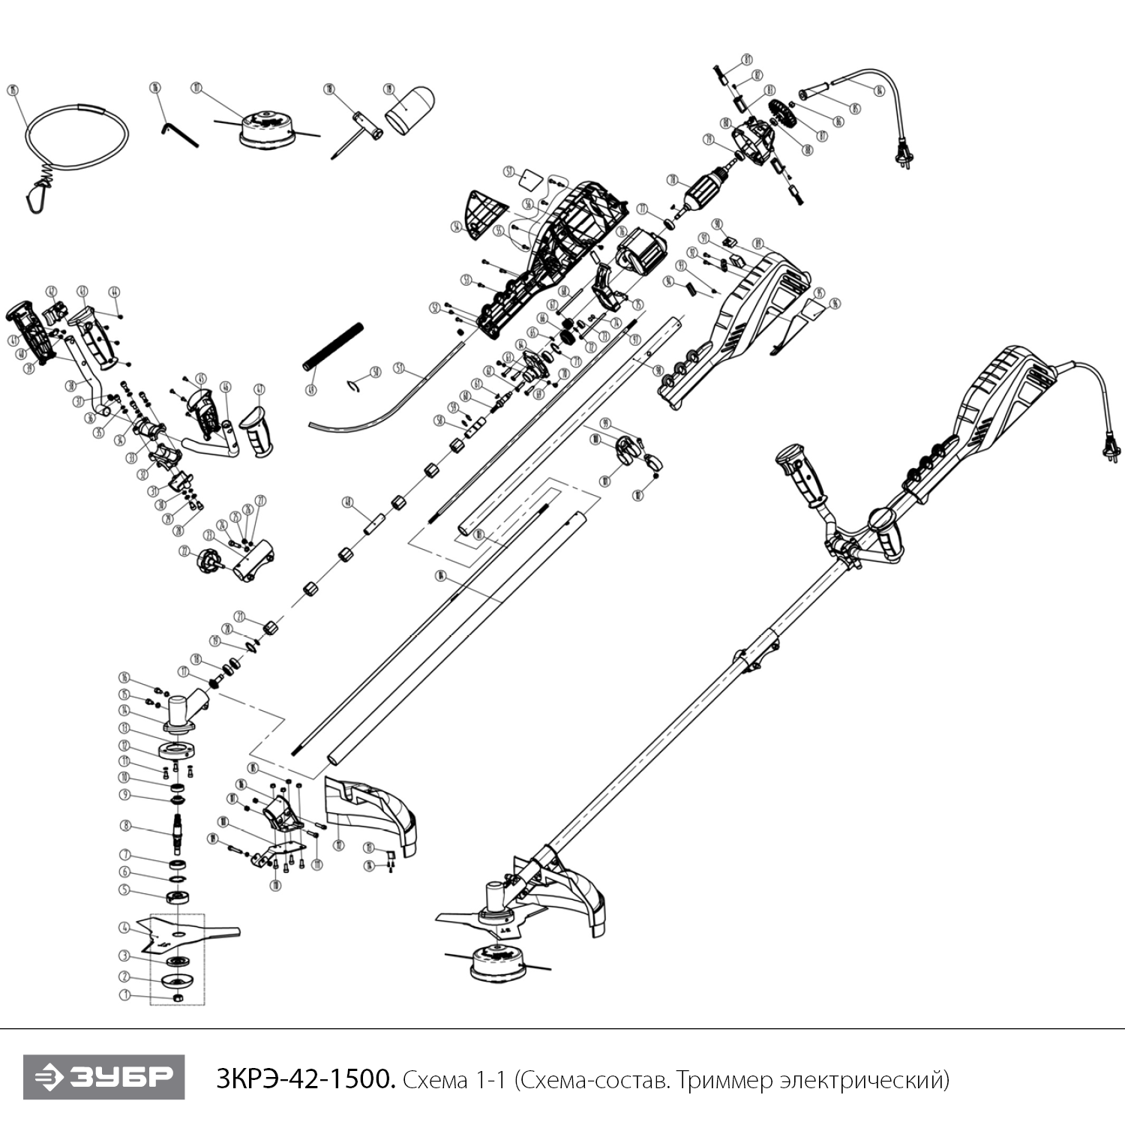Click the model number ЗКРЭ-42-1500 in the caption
(304, 1080)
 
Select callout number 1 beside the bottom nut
(125, 995)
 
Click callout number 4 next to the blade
(125, 928)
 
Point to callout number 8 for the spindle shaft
(125, 826)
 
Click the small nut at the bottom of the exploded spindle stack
(178, 997)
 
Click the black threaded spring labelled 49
(332, 346)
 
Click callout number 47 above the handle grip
(260, 389)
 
